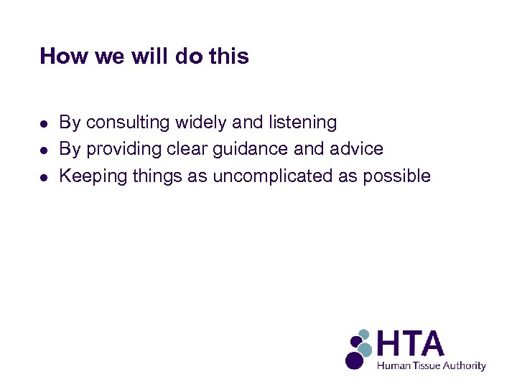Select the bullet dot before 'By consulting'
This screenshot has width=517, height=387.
point(44,123)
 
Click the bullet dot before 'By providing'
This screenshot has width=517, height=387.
point(44,150)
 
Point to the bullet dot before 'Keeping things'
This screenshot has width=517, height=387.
point(44,176)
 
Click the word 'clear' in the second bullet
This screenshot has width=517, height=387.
point(192,149)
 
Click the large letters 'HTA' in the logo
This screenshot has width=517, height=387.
point(410,344)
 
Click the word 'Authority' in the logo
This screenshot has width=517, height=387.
point(465,365)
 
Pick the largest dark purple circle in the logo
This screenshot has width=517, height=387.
point(354,360)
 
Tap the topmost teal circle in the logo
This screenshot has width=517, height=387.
point(364,334)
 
